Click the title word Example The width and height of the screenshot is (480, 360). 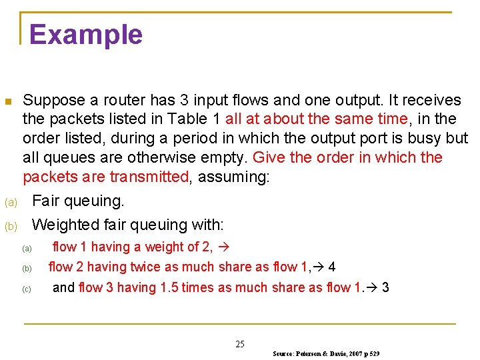coord(86,35)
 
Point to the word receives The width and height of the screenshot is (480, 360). coord(430,100)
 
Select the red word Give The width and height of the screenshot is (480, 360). coord(270,158)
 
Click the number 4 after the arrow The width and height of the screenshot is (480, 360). coord(332,267)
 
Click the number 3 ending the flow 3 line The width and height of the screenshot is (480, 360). coord(385,288)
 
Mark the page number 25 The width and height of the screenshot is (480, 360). coord(240,344)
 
